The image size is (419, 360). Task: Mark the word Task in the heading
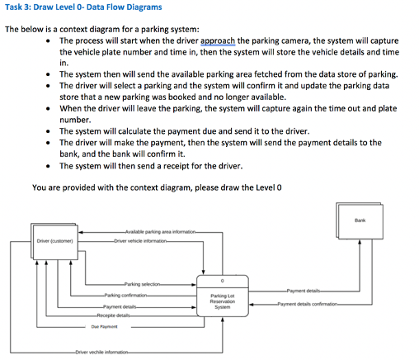tap(14, 7)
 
